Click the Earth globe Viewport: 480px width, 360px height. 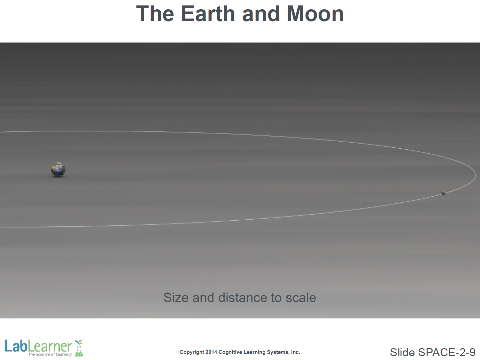point(58,170)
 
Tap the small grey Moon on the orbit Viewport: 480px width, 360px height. point(444,193)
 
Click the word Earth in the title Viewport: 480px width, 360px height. point(208,14)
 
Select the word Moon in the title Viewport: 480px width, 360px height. point(315,14)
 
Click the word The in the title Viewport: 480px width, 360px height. point(155,14)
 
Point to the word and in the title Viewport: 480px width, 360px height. point(261,14)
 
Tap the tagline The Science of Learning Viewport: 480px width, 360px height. point(50,354)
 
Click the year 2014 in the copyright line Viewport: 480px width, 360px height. point(211,352)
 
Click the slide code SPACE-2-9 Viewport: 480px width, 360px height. point(446,352)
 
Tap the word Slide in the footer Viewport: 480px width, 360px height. point(402,352)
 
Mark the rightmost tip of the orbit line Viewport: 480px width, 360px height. point(476,175)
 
